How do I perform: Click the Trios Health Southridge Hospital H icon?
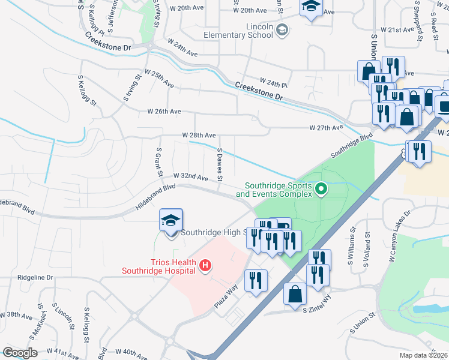coord(205,265)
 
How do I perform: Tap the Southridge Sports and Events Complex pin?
coord(321,190)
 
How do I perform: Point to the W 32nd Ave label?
coord(190,178)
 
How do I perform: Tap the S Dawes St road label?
coord(220,165)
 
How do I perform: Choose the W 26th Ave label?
coord(164,112)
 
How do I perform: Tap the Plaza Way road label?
coord(227,297)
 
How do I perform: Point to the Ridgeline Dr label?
coord(35,278)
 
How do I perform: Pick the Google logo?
coord(20,353)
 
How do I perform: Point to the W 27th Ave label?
coord(326,128)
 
